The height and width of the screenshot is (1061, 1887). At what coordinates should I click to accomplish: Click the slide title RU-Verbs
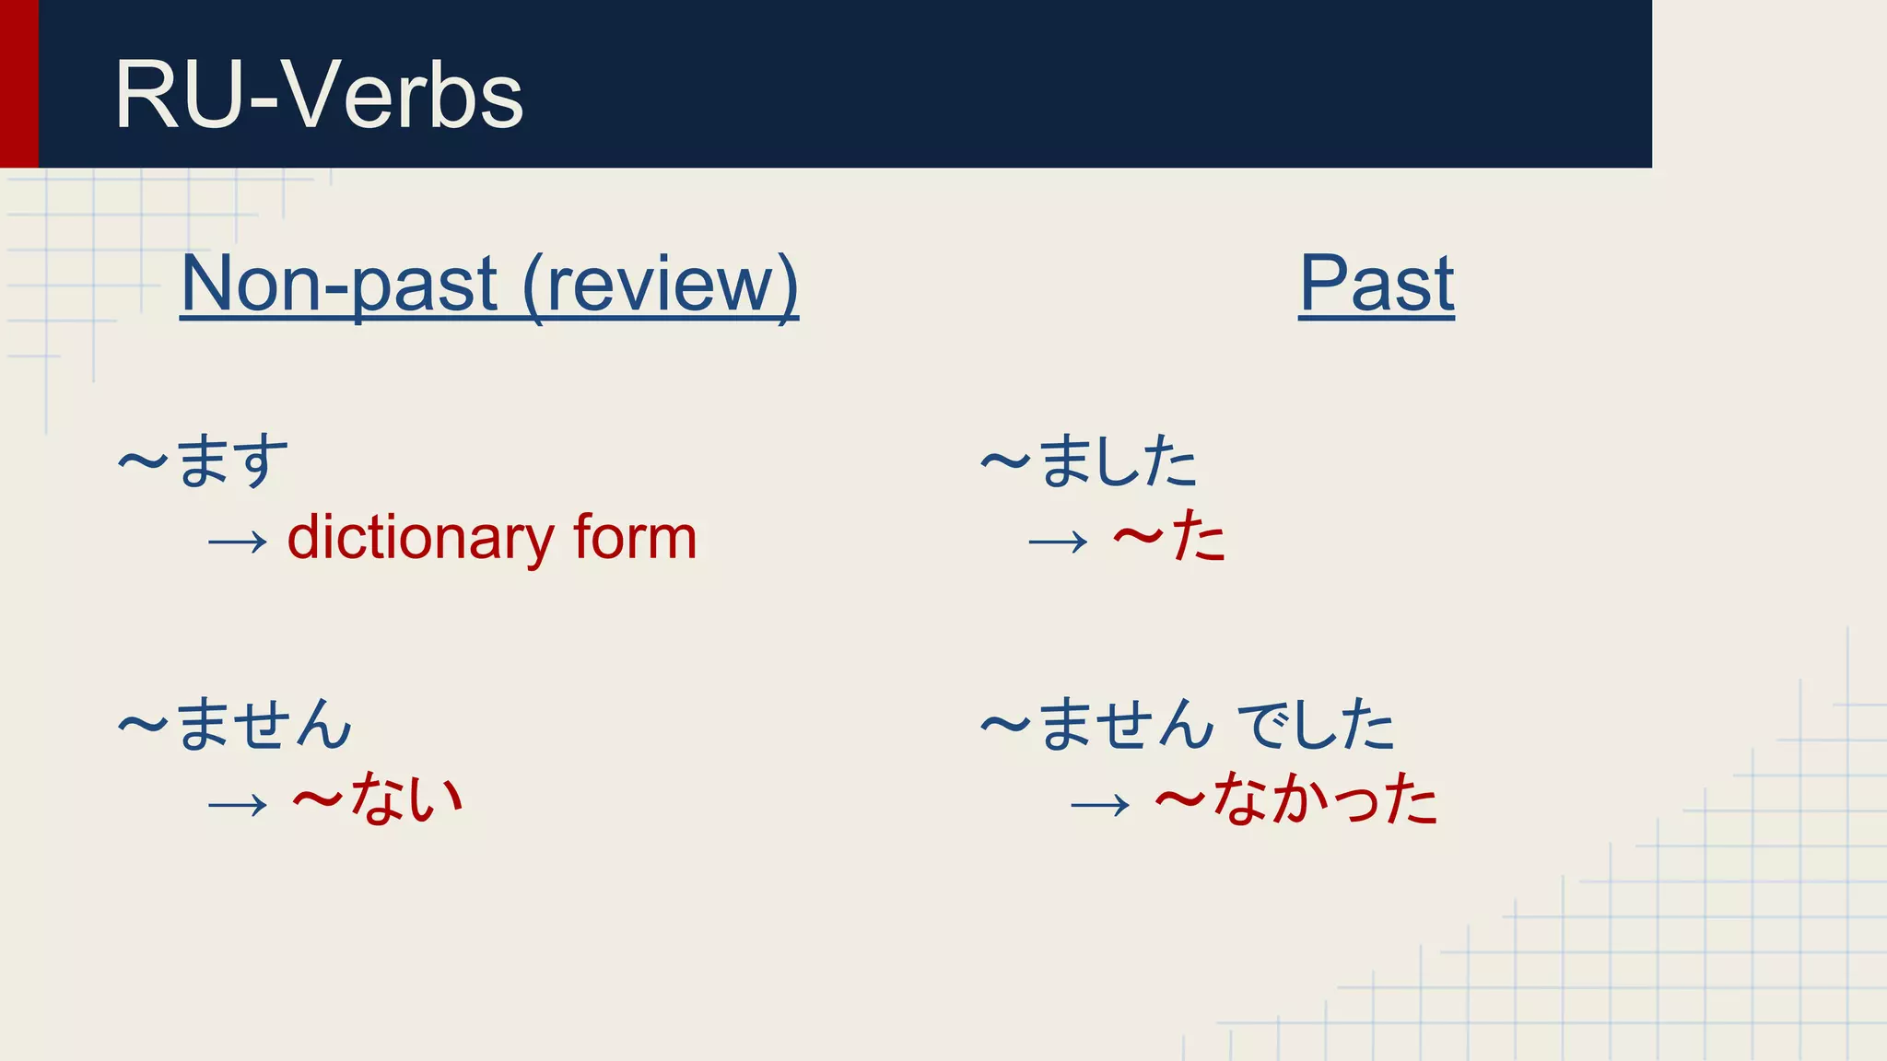tap(318, 95)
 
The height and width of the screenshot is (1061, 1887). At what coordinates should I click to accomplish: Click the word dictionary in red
tap(420, 538)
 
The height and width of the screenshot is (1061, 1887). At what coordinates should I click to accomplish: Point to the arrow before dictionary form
tap(238, 542)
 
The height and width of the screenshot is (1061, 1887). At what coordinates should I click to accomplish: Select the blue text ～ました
tap(1089, 461)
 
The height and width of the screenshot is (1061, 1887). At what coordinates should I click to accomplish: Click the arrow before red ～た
tap(1058, 542)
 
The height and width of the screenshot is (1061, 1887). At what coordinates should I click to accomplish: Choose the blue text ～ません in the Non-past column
tap(236, 724)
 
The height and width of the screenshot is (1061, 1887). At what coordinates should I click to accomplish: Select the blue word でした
tap(1316, 724)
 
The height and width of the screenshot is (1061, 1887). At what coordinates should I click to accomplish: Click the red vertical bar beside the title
tap(18, 83)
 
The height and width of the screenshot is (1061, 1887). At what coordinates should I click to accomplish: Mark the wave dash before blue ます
tap(143, 461)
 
